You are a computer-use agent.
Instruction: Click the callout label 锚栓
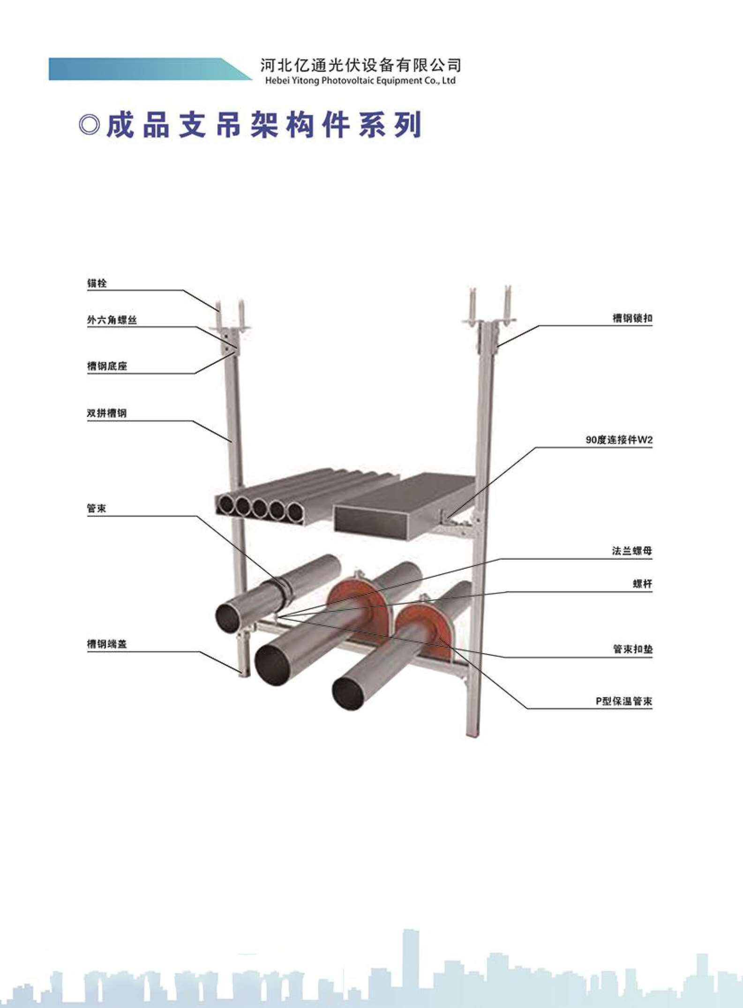point(97,283)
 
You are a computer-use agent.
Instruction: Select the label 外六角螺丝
point(112,320)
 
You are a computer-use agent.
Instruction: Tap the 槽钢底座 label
point(107,366)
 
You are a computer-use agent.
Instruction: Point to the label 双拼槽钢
point(107,413)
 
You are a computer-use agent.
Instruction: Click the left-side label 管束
point(97,508)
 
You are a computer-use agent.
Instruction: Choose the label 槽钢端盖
point(107,644)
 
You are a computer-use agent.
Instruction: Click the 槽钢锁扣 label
point(632,318)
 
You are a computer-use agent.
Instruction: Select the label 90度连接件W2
point(619,440)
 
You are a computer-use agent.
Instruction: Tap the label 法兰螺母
point(632,551)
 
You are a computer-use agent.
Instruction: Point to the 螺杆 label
point(643,584)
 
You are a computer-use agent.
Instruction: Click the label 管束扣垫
point(633,649)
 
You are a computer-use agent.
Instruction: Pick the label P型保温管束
point(624,701)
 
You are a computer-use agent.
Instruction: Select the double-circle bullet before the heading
point(90,125)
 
